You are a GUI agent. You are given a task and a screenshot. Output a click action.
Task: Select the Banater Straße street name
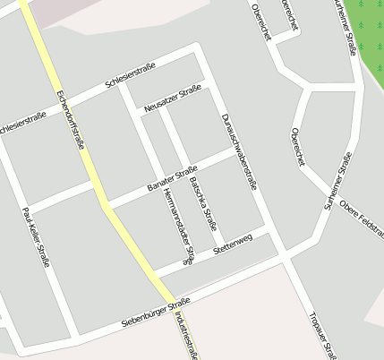[171, 179]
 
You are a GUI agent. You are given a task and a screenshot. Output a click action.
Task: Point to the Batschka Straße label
[202, 203]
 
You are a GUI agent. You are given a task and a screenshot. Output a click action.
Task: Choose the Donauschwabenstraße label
[239, 148]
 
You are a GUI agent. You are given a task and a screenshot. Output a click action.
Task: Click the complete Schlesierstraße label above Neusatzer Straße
[131, 73]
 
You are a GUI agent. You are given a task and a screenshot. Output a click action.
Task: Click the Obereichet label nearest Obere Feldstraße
[299, 146]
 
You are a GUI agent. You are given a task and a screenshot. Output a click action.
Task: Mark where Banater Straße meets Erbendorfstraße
[104, 202]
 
